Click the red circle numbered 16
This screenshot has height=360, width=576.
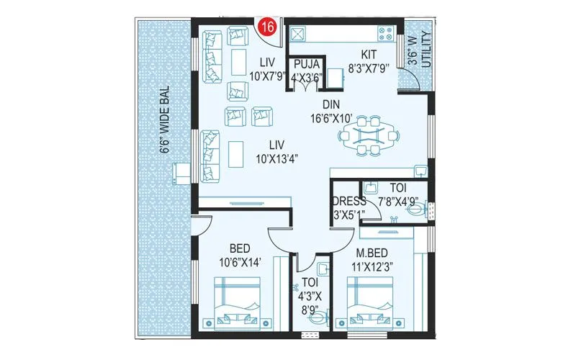click(x=267, y=27)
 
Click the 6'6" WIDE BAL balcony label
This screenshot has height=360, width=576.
click(x=165, y=120)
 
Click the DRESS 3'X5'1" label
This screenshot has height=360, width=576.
click(x=348, y=207)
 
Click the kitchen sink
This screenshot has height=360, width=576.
click(x=296, y=32)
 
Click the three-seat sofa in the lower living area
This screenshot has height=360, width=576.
click(x=210, y=155)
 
